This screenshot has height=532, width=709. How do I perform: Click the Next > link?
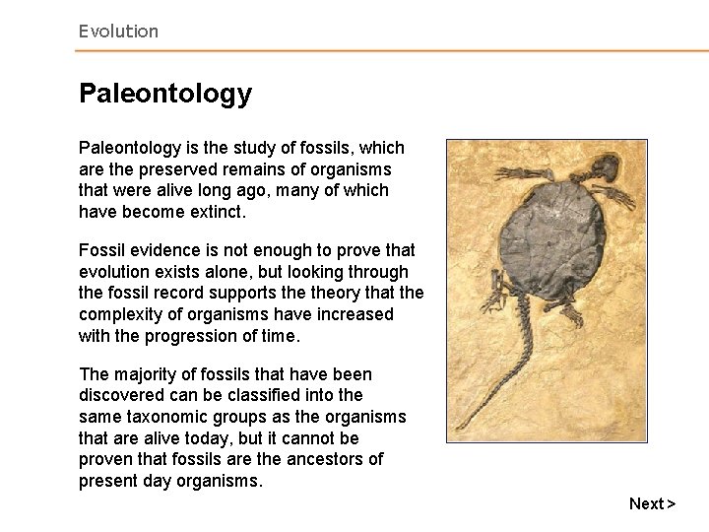tap(652, 503)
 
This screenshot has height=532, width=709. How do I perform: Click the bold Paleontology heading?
tap(165, 94)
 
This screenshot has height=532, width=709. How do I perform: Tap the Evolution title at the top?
tap(118, 32)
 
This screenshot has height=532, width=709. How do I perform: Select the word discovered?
tap(122, 396)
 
